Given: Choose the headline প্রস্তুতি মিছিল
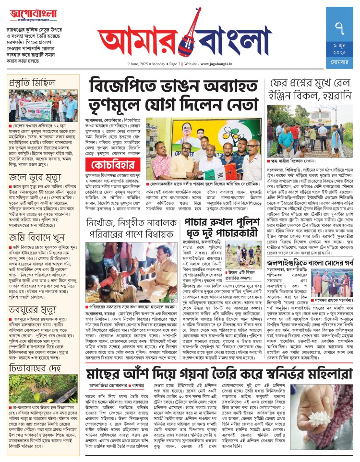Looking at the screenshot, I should click(x=33, y=83).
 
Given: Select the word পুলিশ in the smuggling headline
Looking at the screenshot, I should click(x=246, y=223).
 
